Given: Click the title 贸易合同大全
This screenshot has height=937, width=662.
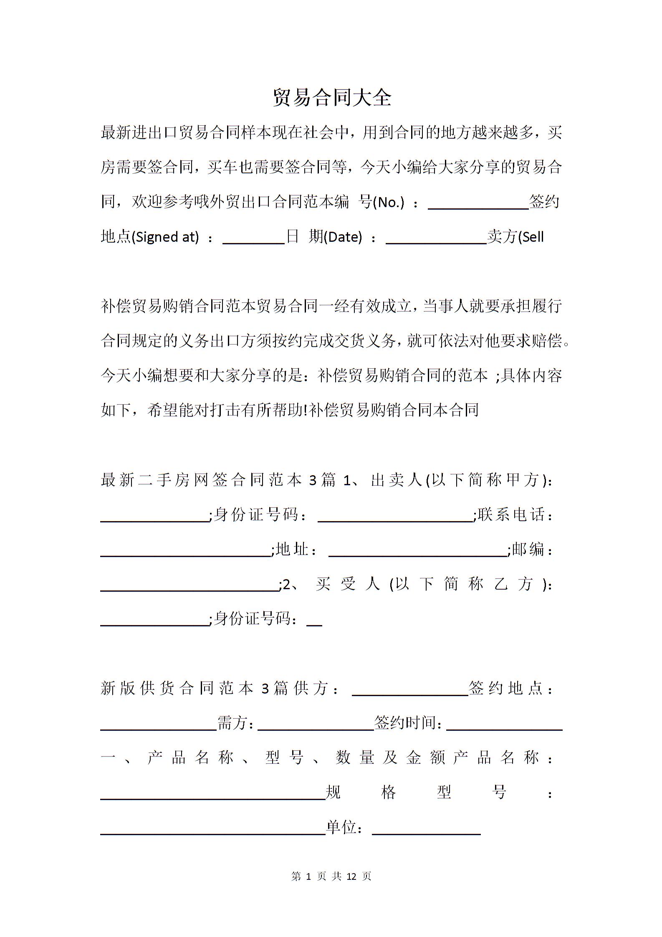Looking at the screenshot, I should coord(332,98).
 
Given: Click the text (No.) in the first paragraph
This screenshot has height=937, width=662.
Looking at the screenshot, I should coord(388,203).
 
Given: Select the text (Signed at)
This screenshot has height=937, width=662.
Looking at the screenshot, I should coord(165,238).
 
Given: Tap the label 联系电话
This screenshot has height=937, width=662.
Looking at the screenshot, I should coord(512,514).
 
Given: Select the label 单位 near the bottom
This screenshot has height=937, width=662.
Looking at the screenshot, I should coord(341,827).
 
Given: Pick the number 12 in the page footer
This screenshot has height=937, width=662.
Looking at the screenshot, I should coord(351,876).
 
